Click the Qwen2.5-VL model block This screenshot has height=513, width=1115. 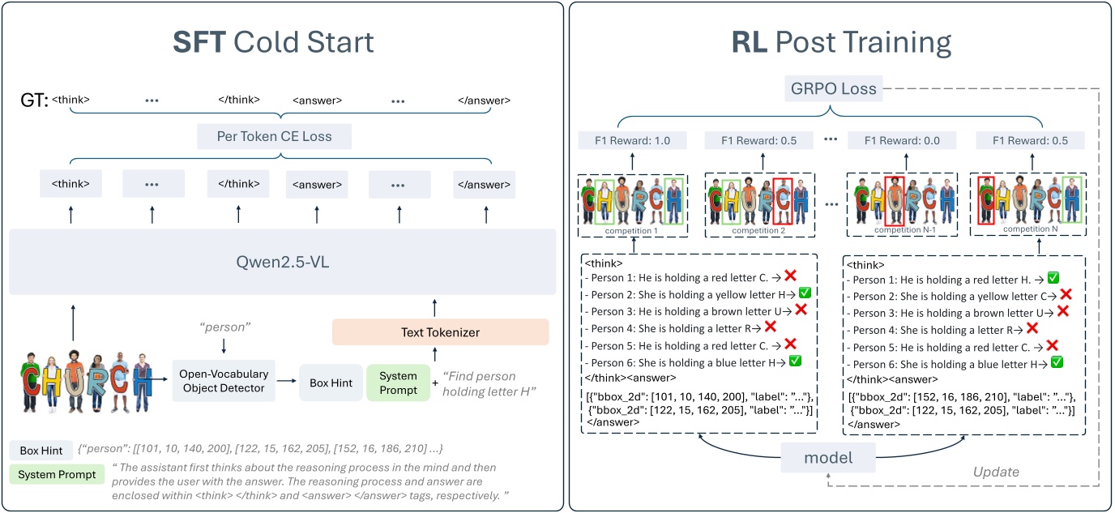[x=282, y=261]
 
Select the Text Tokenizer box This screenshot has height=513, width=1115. [x=440, y=331]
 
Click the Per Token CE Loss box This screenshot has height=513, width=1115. [x=275, y=136]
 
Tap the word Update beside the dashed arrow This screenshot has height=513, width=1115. [x=996, y=472]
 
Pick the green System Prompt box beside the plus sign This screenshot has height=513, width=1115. [x=398, y=382]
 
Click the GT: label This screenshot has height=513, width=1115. [x=34, y=100]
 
